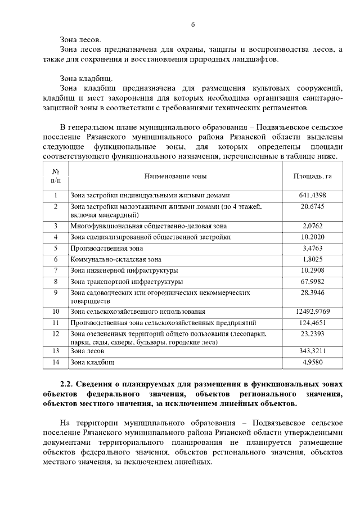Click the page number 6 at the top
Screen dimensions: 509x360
192,25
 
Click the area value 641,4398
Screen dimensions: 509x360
313,196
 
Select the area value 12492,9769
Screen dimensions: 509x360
312,311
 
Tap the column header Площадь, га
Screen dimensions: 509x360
313,176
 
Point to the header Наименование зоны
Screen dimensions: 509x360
175,176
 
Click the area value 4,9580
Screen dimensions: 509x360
313,363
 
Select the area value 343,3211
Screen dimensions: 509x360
313,351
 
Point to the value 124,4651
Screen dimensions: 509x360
313,323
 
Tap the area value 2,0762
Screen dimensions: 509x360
313,226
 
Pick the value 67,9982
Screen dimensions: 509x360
313,281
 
